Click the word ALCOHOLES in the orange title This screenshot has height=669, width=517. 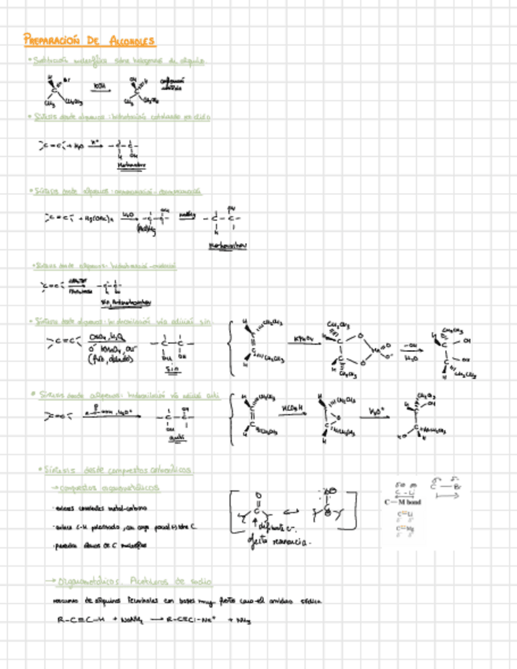click(132, 40)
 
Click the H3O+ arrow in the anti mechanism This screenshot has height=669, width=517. click(374, 415)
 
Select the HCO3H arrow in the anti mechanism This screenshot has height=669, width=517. click(293, 413)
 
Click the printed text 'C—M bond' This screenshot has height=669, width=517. click(402, 502)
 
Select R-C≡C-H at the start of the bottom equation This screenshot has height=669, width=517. click(83, 620)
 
